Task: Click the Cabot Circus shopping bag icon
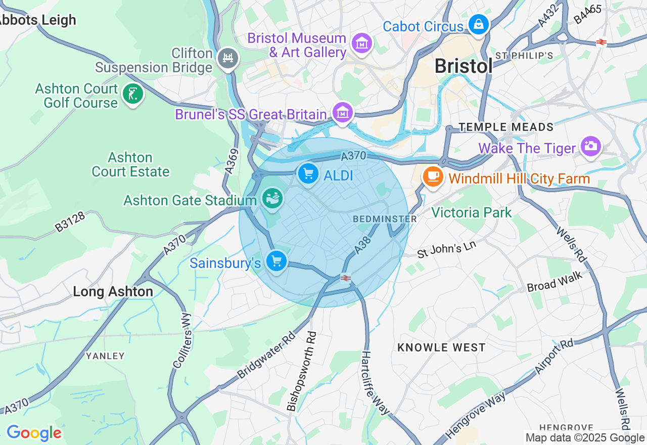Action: tap(478, 24)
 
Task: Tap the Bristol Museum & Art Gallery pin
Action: tap(362, 44)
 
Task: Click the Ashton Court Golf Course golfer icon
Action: tap(133, 94)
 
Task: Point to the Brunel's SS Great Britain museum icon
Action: tap(343, 113)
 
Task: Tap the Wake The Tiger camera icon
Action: tap(590, 146)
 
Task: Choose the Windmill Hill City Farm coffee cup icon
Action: tap(433, 176)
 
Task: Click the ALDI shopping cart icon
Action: tap(308, 174)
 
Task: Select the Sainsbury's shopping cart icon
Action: tap(276, 261)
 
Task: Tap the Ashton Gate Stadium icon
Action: tap(272, 198)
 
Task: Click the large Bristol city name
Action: tap(463, 66)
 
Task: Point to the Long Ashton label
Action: tap(113, 292)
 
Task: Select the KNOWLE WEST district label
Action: tap(441, 347)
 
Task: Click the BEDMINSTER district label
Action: tap(385, 219)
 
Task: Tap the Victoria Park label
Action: tap(471, 212)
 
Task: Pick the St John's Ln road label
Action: tap(446, 249)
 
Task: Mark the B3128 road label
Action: tap(70, 221)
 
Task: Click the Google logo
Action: tap(34, 433)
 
